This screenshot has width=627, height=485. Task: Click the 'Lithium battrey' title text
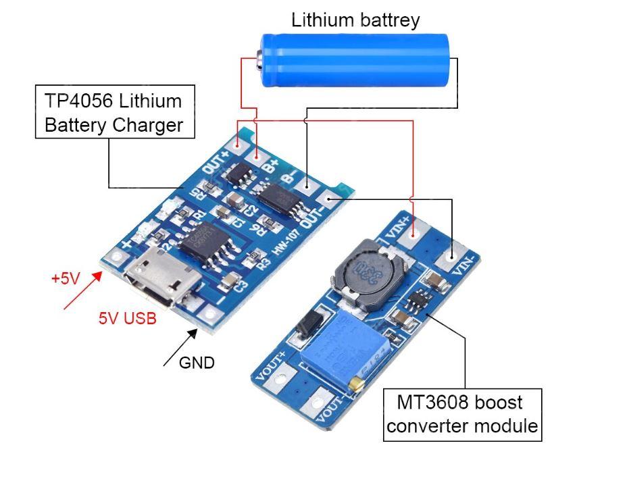coord(355,20)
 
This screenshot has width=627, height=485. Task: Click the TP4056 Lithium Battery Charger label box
coord(114,112)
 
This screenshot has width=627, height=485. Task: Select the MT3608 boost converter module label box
coord(463,414)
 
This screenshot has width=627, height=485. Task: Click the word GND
coord(197,363)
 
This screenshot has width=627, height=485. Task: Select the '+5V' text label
coord(66,278)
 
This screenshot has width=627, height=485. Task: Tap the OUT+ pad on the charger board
coord(237,143)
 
